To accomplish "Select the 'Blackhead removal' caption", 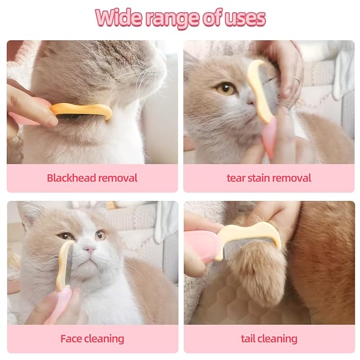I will pos(92,178).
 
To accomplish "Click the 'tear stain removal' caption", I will pos(269,178).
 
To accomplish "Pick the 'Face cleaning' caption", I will pos(92,338).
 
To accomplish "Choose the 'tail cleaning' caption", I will pos(269,338).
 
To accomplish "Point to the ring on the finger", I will pos(297,80).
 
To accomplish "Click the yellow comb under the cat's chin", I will pos(85,110).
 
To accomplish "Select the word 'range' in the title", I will pos(171,19).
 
